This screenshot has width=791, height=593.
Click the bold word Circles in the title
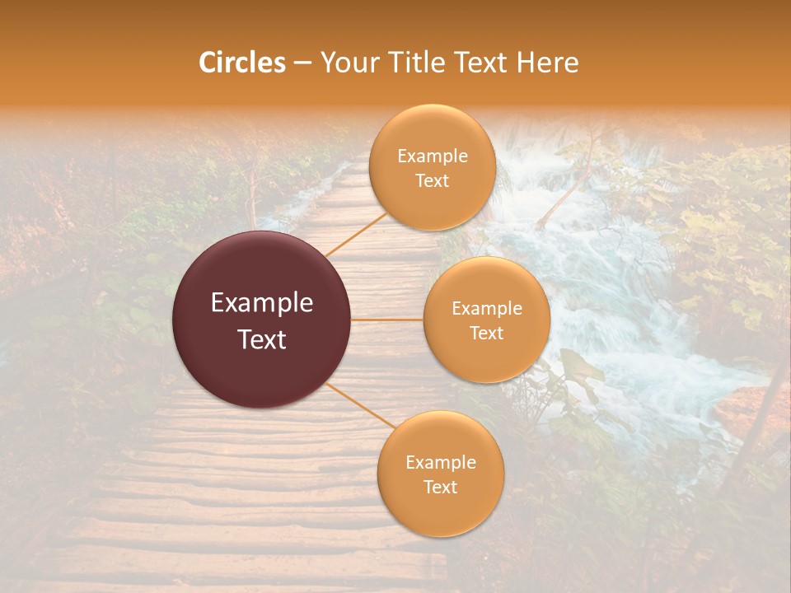point(241,63)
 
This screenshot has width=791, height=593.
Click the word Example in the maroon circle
point(262,303)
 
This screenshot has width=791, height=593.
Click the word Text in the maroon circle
point(262,339)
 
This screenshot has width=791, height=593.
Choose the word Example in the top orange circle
point(433,156)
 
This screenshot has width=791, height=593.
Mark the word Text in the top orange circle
point(433,181)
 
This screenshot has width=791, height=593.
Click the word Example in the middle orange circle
point(487,309)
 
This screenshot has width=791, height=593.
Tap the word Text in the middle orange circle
point(487,334)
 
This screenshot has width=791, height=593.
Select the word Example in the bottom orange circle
point(441,463)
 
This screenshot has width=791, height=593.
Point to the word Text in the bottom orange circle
point(441,488)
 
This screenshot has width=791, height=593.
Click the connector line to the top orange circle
point(356,235)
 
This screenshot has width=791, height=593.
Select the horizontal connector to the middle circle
point(387,320)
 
